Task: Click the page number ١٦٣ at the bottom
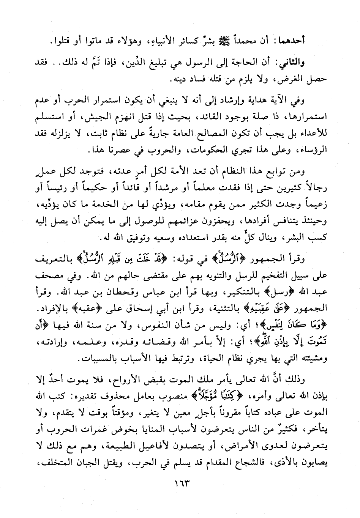click(180, 485)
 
